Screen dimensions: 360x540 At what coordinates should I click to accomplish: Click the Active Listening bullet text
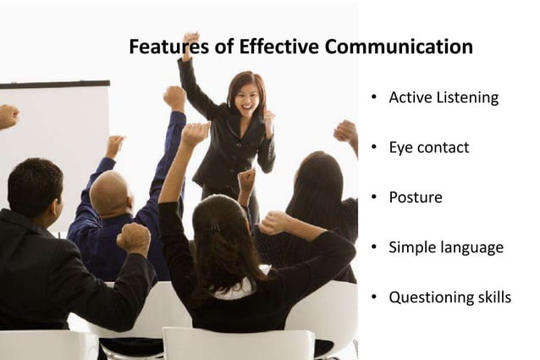coord(443,97)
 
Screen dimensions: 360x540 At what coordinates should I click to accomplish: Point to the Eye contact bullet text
coord(428,147)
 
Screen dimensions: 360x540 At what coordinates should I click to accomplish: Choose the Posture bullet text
coord(415,197)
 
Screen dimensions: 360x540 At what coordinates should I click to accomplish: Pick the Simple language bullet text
coord(445,247)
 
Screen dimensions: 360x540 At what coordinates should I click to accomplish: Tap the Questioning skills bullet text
coord(449,297)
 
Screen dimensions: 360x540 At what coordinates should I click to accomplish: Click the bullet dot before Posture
coord(373,198)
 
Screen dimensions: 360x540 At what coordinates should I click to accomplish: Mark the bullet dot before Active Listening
coord(373,98)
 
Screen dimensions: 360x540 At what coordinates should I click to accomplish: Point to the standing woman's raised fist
coord(190,40)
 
